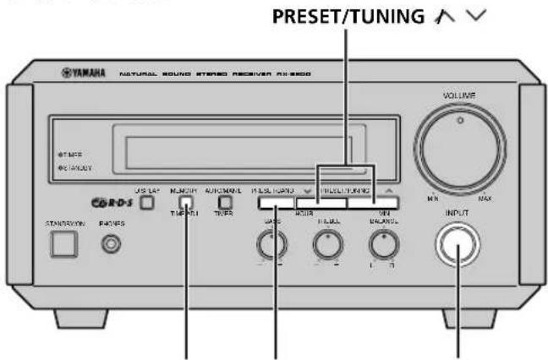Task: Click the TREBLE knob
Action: (325, 245)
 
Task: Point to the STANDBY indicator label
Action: (78, 168)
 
